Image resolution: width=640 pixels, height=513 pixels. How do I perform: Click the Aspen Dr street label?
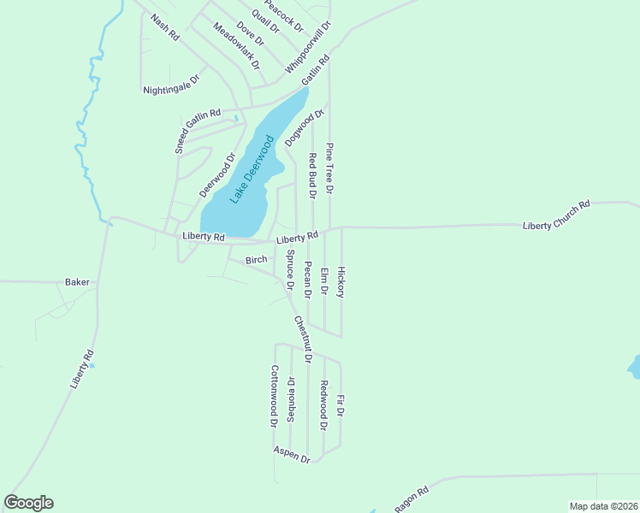[292, 454]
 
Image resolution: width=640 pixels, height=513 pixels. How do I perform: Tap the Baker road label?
[77, 281]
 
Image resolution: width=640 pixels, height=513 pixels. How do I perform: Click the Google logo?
[28, 503]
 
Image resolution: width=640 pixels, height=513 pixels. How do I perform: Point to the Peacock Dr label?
[284, 15]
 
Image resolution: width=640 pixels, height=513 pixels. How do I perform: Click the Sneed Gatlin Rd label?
[198, 130]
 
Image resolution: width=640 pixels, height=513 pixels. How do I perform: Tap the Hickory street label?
[341, 282]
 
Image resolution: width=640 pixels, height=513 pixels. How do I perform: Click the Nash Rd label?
[164, 27]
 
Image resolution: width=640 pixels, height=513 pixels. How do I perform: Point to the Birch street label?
[257, 259]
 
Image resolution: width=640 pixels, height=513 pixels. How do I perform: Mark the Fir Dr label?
[340, 405]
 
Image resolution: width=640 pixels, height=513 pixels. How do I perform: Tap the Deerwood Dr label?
[217, 175]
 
